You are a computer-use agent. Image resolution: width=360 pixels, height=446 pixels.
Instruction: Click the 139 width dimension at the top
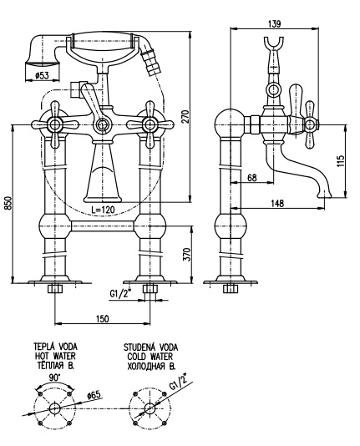pos(274,23)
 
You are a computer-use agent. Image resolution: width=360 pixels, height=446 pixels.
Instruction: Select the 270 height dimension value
pos(185,117)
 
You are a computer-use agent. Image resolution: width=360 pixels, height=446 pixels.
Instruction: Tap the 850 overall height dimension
pos(9,203)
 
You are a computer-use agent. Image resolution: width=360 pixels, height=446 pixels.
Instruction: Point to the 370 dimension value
pos(187,255)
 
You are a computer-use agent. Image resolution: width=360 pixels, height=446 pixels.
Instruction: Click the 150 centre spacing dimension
pos(102,318)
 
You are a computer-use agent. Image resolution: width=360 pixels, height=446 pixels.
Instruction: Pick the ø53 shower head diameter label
pos(42,75)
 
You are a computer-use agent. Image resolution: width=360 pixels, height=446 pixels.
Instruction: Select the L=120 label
pos(103,210)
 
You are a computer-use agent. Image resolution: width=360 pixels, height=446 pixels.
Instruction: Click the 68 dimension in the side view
pos(252,178)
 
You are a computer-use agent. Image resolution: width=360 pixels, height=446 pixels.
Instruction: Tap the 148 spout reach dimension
pos(277,203)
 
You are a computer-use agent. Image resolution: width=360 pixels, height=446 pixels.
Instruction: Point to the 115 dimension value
pos(341,161)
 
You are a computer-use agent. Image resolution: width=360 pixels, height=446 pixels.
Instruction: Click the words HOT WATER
pos(55,356)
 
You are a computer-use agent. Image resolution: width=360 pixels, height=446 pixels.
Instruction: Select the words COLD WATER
pos(150,357)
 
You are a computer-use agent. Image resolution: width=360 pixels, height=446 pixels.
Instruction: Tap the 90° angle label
pos(54,378)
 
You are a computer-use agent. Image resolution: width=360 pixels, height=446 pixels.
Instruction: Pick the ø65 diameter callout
pos(94,394)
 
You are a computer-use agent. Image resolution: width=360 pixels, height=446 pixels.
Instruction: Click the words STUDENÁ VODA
pos(150,347)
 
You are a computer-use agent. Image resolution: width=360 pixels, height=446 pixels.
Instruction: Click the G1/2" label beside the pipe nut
pos(120,293)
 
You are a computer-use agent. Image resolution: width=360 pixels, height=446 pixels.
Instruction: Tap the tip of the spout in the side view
pos(325,196)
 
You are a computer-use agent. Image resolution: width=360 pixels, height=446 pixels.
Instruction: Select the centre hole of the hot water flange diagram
pos(54,408)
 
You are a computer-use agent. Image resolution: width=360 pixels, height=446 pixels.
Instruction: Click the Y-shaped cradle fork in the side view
pos(274,43)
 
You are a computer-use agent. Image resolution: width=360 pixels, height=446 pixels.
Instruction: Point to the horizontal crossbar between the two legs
pos(102,226)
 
